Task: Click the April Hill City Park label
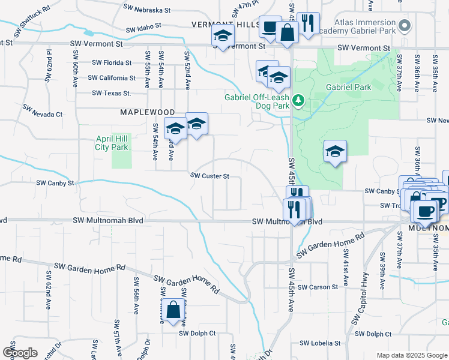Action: (112, 142)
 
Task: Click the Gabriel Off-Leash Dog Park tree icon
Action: (298, 102)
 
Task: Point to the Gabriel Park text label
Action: (348, 87)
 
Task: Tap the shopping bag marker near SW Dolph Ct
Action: (173, 311)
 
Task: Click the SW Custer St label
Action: (210, 176)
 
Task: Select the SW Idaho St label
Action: (143, 28)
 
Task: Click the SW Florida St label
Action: (112, 62)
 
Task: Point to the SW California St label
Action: (112, 78)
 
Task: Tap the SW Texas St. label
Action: (112, 93)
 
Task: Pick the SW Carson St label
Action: (318, 287)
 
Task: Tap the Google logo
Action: (19, 353)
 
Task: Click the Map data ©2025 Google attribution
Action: (411, 355)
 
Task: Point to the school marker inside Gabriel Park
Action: (335, 151)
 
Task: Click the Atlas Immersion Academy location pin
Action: (405, 26)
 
